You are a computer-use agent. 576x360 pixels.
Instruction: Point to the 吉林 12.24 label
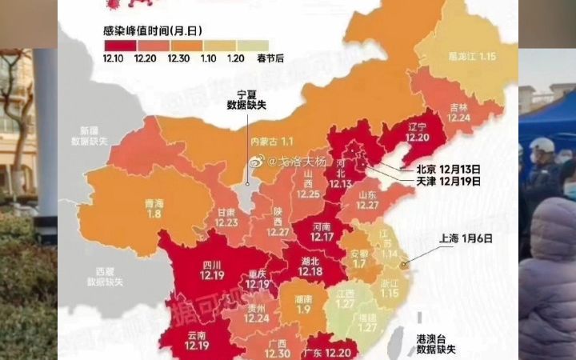[458, 112]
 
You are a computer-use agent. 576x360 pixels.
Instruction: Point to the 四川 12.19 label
[211, 270]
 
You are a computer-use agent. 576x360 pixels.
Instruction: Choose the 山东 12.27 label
[368, 200]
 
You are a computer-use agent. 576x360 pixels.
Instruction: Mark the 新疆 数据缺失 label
[88, 135]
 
